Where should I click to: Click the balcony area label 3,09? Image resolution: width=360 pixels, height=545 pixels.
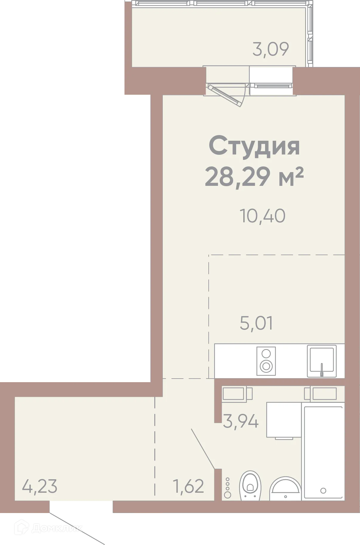[270, 49]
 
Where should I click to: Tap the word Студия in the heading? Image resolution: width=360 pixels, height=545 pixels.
[254, 146]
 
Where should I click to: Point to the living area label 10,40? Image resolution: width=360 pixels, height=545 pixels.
[262, 216]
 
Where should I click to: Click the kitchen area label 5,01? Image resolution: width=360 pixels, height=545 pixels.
[256, 323]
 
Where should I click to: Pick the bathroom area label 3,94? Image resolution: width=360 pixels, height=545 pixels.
[241, 422]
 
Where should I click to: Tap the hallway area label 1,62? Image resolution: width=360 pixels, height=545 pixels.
[188, 486]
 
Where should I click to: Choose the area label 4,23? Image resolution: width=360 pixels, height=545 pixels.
[40, 486]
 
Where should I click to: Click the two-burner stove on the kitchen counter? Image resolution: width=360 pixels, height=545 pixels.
[266, 361]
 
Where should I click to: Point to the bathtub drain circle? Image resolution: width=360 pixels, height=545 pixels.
[323, 490]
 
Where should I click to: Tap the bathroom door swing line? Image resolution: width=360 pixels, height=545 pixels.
[203, 448]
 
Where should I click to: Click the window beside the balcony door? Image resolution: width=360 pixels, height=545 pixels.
[270, 80]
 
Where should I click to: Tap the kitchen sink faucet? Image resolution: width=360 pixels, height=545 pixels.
[322, 370]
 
